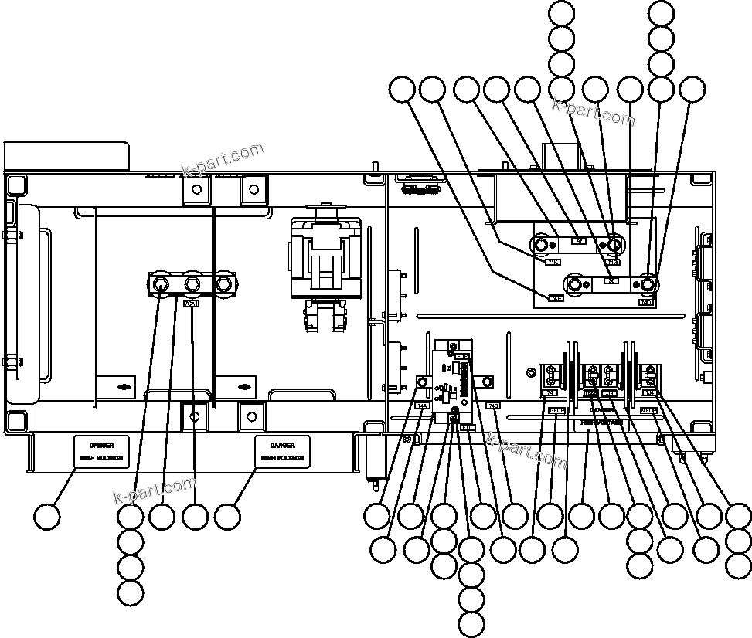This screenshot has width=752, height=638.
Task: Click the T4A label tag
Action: tap(422, 406)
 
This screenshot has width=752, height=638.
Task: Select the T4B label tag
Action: tap(493, 406)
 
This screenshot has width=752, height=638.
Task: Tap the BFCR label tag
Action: tap(556, 411)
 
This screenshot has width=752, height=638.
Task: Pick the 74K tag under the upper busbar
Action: tap(553, 262)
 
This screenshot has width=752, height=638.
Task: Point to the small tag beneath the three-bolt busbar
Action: tap(191, 304)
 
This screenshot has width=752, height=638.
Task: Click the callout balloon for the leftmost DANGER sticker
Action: tap(48, 516)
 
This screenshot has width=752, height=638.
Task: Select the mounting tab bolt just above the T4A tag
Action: tap(423, 382)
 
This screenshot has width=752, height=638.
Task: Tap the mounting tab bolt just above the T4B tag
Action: tap(488, 382)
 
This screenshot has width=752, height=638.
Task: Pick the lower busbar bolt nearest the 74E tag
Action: tap(575, 285)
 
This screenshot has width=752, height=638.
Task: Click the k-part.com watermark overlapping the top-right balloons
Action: tap(593, 112)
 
